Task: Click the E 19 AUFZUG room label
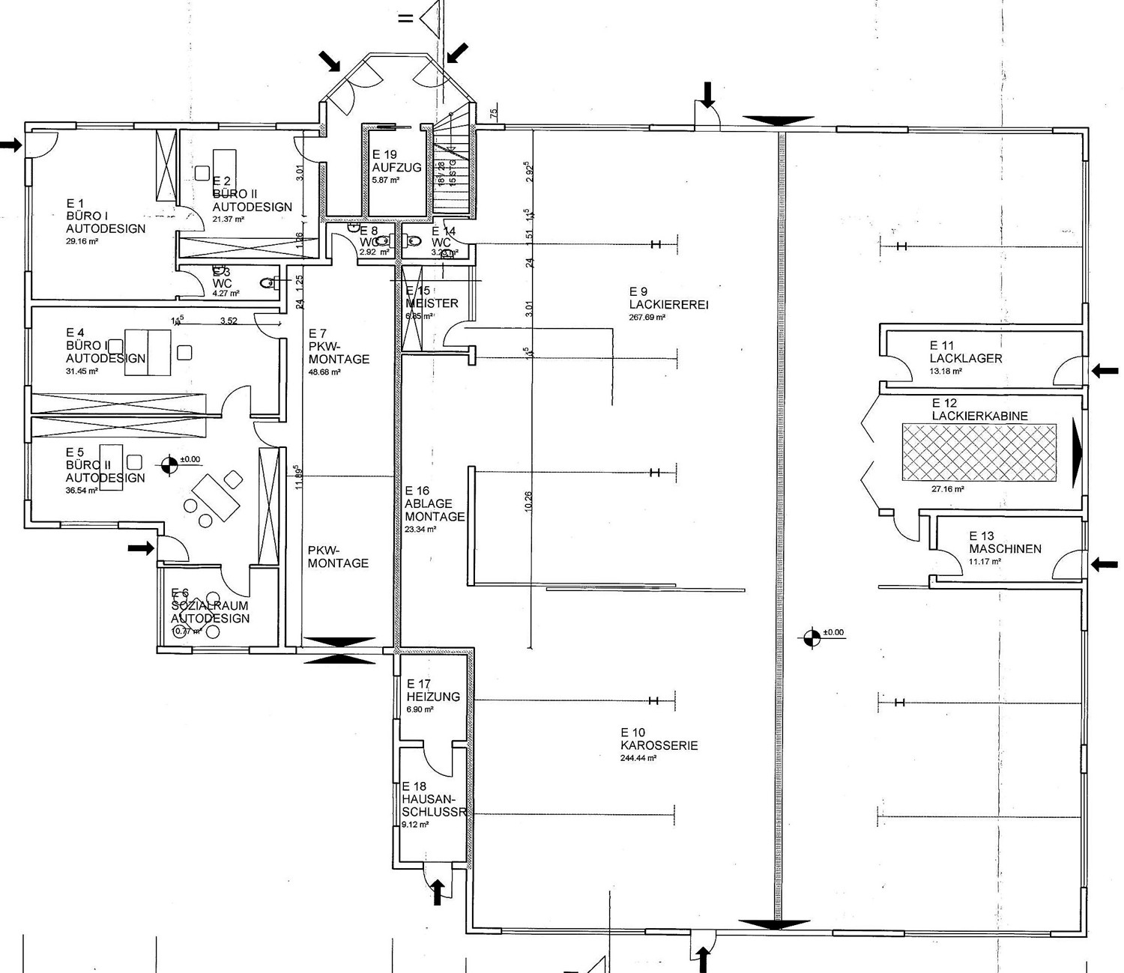(396, 161)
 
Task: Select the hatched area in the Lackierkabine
(979, 452)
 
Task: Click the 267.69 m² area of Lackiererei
(647, 318)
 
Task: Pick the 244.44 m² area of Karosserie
(638, 758)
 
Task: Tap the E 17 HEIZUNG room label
(432, 690)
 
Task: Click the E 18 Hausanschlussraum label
(434, 799)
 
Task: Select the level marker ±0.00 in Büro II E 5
(169, 465)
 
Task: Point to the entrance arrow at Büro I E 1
(11, 145)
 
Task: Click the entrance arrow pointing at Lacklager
(1105, 370)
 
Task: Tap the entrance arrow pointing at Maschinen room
(1105, 565)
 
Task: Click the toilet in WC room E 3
(266, 283)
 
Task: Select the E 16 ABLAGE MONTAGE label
(434, 504)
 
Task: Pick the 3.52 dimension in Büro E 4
(228, 321)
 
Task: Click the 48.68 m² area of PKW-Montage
(324, 372)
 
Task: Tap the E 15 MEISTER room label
(431, 297)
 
